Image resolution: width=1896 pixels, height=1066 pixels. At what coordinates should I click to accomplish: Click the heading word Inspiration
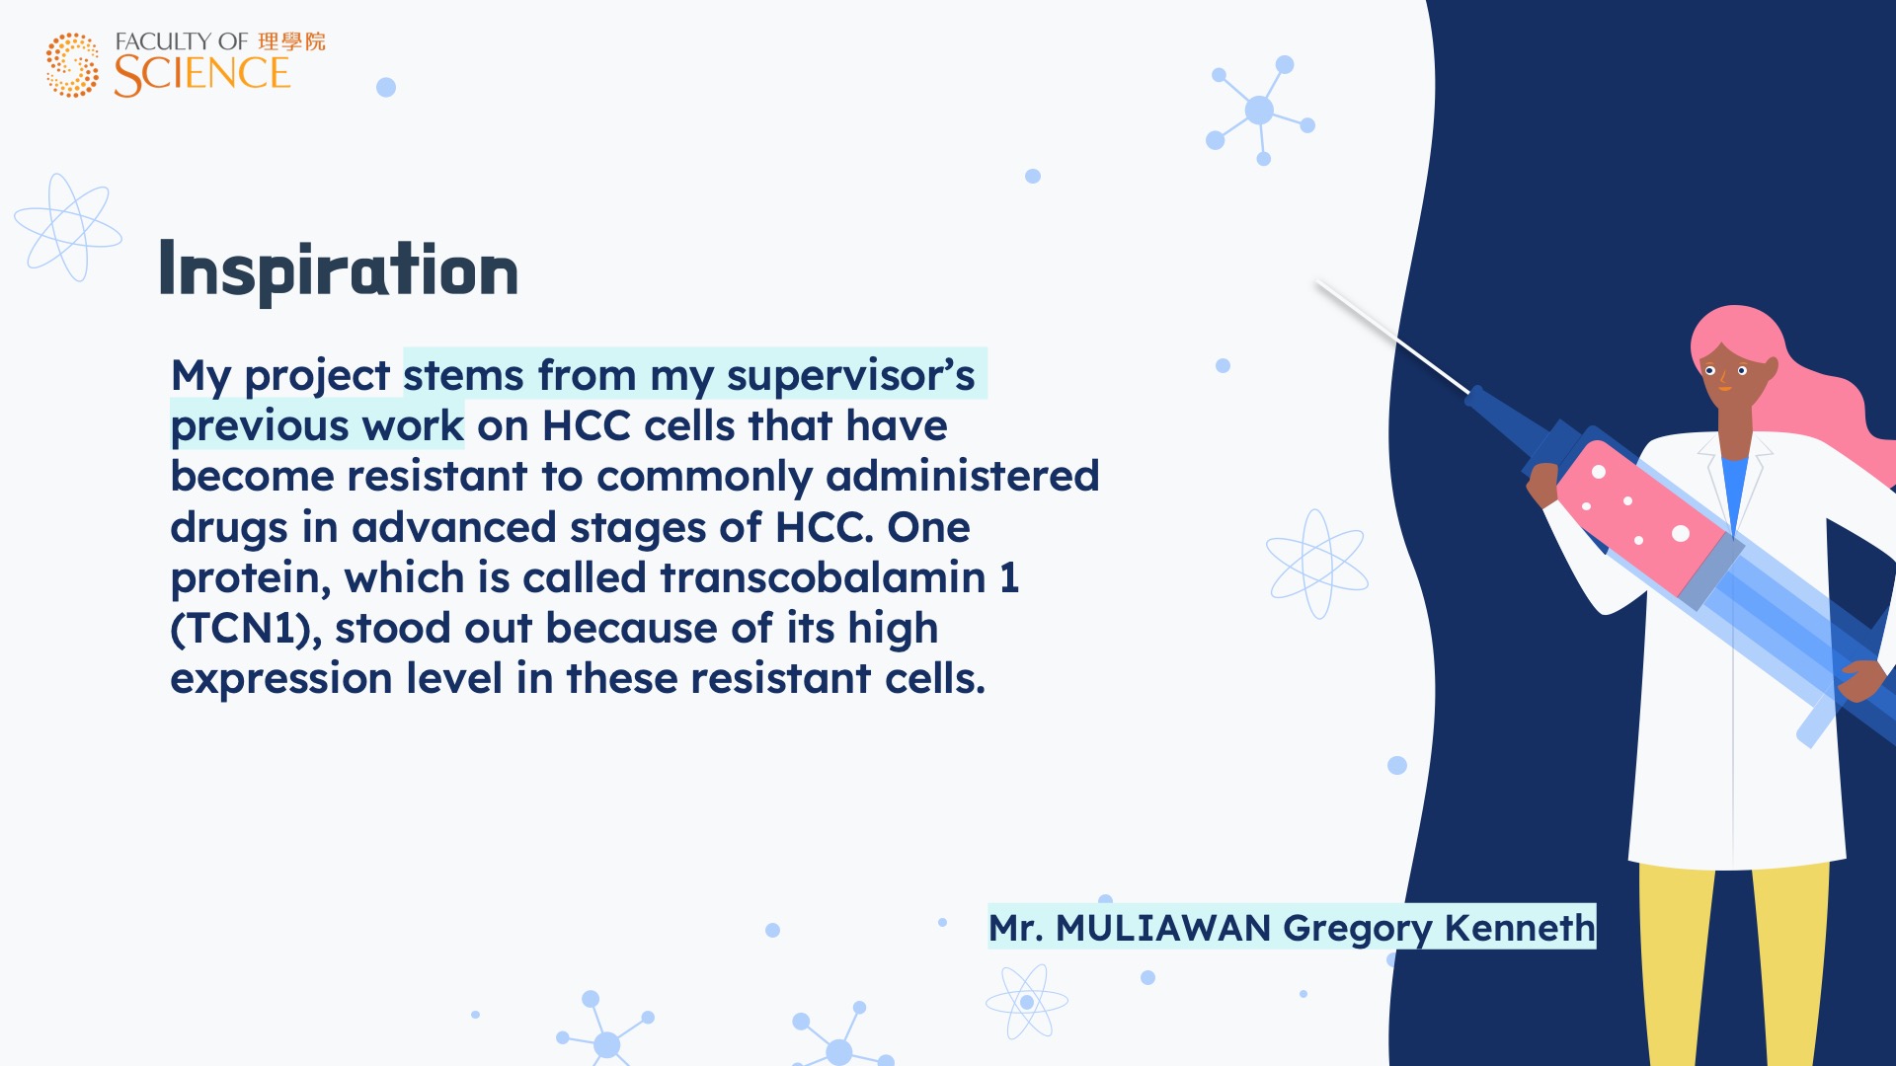click(338, 269)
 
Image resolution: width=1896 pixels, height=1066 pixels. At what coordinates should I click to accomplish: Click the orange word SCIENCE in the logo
click(202, 75)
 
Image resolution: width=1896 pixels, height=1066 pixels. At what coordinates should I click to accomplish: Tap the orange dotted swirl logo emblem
click(72, 65)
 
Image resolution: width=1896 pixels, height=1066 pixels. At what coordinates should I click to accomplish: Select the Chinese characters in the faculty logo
click(291, 41)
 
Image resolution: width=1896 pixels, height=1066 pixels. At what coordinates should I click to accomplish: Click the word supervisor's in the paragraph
click(850, 376)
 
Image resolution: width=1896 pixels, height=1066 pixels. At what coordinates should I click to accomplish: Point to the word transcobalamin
click(823, 577)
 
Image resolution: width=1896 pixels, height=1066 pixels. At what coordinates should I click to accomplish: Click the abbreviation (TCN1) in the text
click(246, 629)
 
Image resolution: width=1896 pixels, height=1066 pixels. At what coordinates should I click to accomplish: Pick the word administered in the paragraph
click(962, 476)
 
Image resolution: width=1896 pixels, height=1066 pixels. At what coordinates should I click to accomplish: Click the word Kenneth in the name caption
click(1519, 928)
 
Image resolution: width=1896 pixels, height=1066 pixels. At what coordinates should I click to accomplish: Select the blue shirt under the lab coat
click(1734, 488)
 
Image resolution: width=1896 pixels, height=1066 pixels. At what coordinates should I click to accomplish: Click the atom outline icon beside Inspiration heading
click(68, 228)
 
